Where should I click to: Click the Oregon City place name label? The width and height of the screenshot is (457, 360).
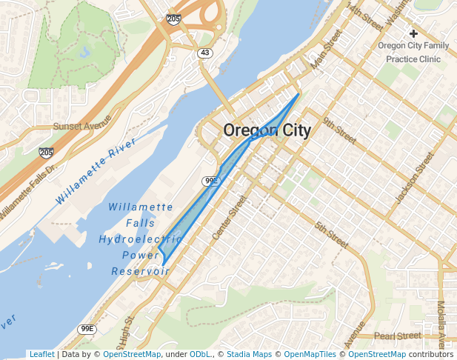pyautogui.click(x=267, y=130)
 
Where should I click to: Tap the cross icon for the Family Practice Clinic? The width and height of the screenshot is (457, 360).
pyautogui.click(x=413, y=33)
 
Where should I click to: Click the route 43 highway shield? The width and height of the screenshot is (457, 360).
pyautogui.click(x=204, y=53)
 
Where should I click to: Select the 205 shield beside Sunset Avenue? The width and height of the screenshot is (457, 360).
pyautogui.click(x=46, y=152)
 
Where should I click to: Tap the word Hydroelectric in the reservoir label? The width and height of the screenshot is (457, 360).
pyautogui.click(x=136, y=239)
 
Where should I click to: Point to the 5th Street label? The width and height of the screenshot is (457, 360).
pyautogui.click(x=331, y=234)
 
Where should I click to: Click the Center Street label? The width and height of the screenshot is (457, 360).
pyautogui.click(x=228, y=217)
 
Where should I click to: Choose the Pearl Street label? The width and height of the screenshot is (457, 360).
pyautogui.click(x=398, y=336)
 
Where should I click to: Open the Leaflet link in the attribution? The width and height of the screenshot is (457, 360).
pyautogui.click(x=41, y=355)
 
